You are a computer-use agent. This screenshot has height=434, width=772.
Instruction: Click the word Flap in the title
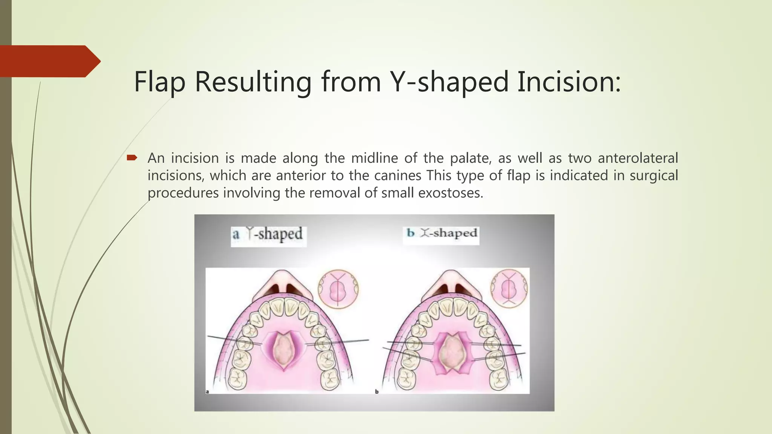click(x=160, y=82)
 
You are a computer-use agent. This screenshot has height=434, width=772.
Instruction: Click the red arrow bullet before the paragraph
click(x=132, y=158)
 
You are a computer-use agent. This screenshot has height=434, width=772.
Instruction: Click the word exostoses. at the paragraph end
click(x=450, y=193)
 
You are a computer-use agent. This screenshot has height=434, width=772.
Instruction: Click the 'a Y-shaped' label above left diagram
click(x=268, y=234)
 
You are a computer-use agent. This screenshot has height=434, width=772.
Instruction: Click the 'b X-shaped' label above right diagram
click(x=441, y=233)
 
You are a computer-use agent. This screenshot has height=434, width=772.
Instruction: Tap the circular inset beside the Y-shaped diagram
click(x=338, y=289)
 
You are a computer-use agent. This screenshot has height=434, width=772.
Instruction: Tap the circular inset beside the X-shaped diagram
click(x=509, y=288)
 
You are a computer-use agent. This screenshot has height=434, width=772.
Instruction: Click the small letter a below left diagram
click(x=207, y=392)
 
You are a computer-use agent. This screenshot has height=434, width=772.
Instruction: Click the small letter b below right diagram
click(x=377, y=392)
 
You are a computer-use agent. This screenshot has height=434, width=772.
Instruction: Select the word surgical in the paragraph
click(x=654, y=176)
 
